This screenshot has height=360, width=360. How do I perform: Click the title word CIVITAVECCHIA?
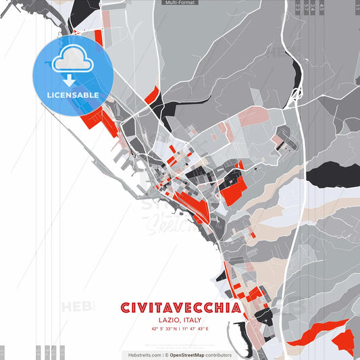pos(180,308)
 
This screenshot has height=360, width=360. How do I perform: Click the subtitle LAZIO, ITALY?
pos(180,320)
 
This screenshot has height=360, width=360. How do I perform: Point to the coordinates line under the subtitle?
pos(180,329)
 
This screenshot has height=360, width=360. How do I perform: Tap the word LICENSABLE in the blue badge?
pos(73,95)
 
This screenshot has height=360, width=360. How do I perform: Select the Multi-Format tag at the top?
pos(180,3)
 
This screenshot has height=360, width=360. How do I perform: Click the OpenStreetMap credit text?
pos(200,355)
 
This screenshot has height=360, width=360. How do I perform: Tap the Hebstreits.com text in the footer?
pos(144,355)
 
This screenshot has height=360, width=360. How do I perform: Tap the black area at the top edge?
pos(81,8)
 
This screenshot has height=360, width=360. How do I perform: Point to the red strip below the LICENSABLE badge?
pos(98,119)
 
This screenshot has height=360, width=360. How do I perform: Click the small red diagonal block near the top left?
pos(99,36)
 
